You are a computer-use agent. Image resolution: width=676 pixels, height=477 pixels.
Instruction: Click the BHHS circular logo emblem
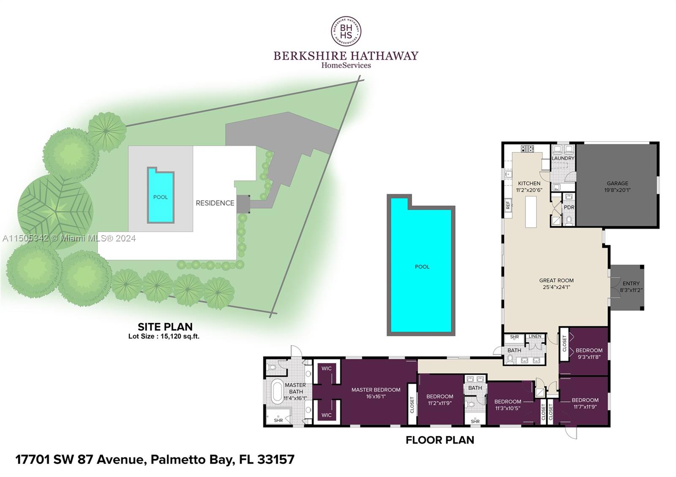346,31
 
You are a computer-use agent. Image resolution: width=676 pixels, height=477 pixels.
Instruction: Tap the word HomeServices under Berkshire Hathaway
346,65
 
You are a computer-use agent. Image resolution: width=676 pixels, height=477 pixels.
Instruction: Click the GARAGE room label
617,184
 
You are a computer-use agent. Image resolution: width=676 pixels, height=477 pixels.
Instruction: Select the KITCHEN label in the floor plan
529,184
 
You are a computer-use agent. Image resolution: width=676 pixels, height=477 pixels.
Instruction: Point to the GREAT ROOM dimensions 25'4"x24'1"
556,287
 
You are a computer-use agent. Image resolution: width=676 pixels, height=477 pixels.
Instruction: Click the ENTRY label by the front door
631,284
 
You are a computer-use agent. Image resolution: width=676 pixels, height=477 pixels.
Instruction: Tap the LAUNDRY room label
563,158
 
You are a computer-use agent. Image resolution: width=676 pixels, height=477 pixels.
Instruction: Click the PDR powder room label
569,208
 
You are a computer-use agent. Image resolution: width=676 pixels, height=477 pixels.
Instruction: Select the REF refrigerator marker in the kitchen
508,206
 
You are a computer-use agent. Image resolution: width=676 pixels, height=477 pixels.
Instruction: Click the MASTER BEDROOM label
376,390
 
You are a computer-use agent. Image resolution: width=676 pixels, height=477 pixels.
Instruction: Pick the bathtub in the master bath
278,391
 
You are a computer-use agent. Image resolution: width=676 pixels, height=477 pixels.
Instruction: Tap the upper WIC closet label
326,369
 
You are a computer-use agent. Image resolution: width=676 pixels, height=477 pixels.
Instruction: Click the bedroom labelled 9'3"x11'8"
589,354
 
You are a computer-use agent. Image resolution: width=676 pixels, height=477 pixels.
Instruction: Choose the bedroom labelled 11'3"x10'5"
507,405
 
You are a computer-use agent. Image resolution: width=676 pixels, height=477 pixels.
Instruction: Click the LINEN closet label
535,336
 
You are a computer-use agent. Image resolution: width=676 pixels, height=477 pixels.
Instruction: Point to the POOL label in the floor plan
422,267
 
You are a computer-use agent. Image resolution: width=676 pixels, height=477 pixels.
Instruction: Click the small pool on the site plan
160,197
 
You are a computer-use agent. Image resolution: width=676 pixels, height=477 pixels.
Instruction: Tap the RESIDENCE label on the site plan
215,203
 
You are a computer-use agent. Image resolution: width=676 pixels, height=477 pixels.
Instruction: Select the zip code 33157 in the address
278,459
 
